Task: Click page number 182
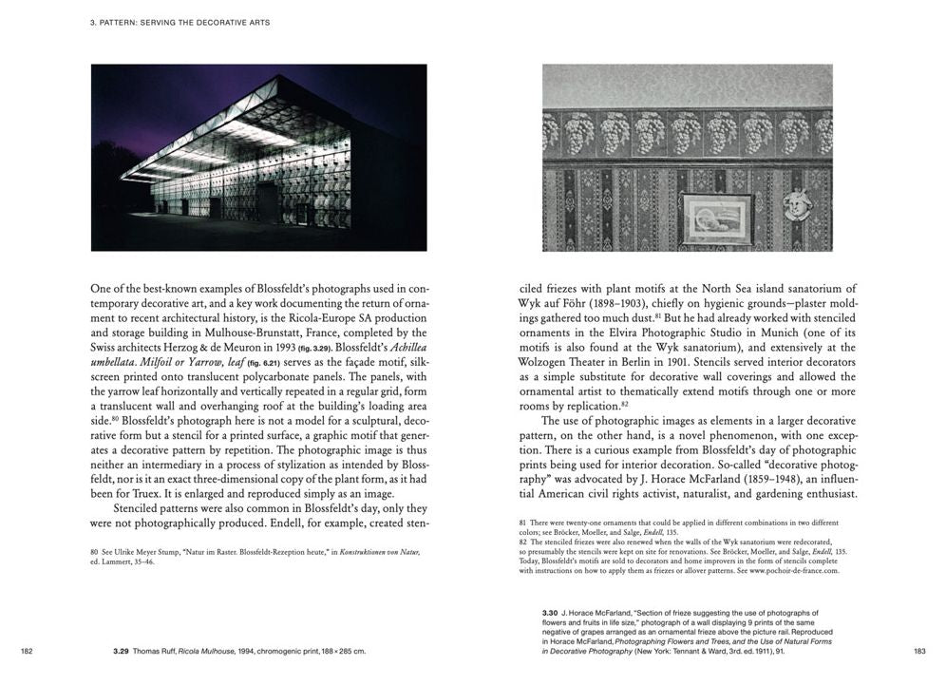pos(27,651)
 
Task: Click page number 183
pos(919,651)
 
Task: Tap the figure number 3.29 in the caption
pos(121,651)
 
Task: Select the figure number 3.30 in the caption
pos(551,614)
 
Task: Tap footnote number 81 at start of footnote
pos(522,523)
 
